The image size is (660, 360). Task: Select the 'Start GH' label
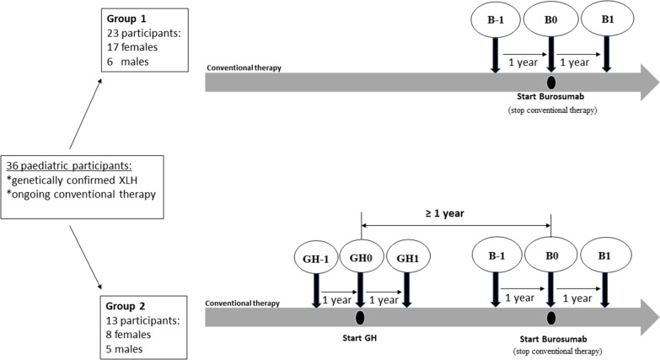click(361, 340)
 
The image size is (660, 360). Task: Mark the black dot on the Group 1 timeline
click(550, 82)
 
